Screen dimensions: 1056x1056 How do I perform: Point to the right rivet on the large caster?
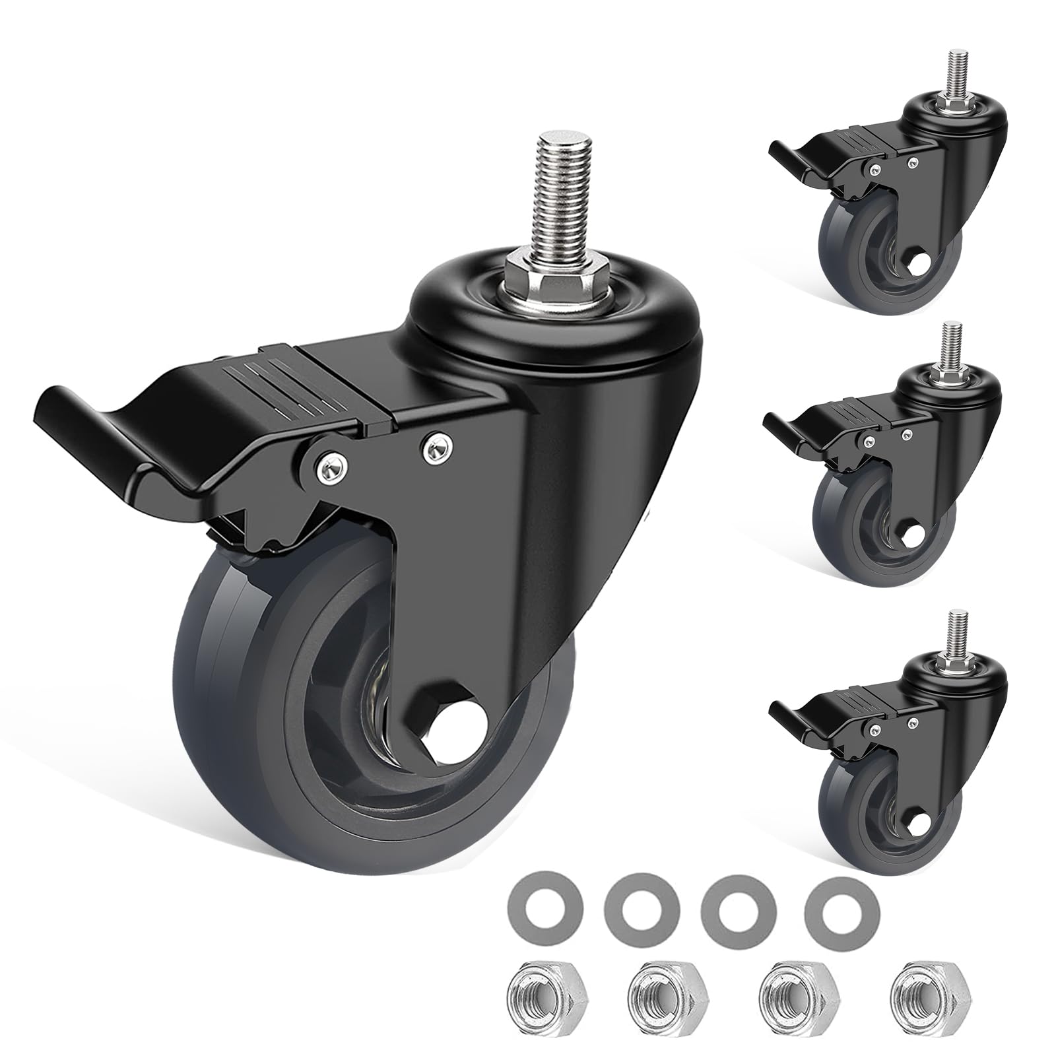pyautogui.click(x=434, y=449)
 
